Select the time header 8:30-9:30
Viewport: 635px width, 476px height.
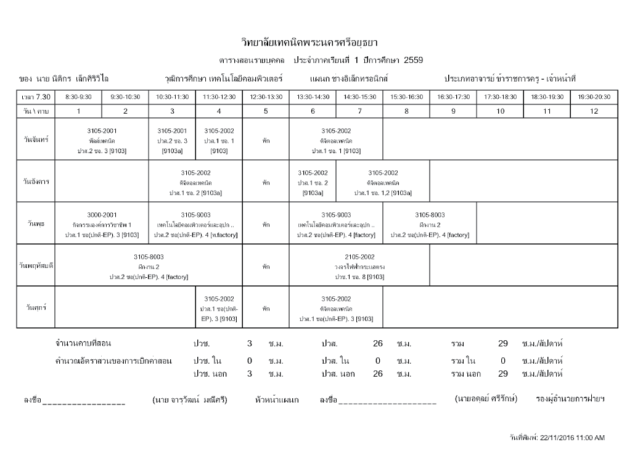(x=78, y=97)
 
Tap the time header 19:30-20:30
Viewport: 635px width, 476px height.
(x=594, y=97)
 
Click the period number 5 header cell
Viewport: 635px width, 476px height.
(x=266, y=111)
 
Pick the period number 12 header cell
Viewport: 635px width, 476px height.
(x=594, y=111)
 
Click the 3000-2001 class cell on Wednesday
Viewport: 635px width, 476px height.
(x=102, y=224)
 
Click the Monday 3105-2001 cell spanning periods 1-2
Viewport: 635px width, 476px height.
(x=102, y=140)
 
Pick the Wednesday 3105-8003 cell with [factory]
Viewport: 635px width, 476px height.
(x=430, y=224)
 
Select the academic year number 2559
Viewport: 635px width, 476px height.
(x=413, y=61)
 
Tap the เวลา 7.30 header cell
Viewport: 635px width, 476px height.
(x=36, y=97)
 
